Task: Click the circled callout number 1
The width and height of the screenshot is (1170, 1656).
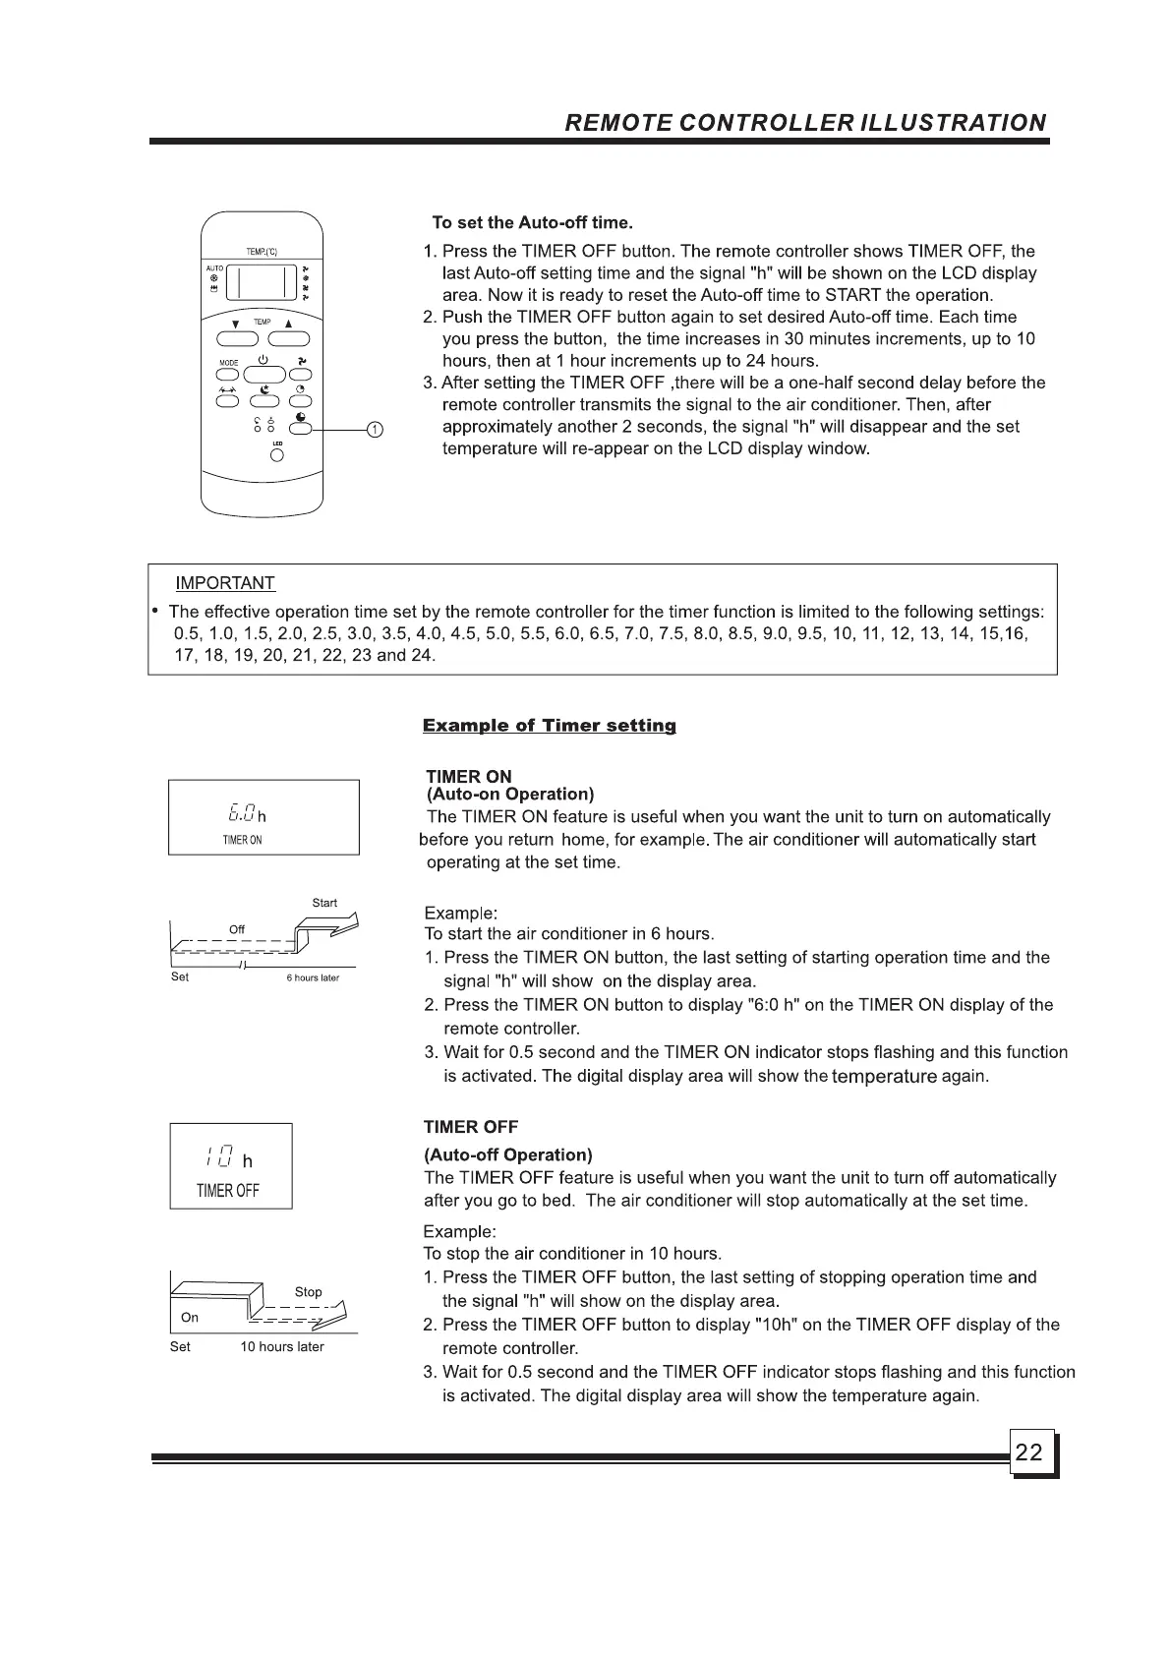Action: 375,430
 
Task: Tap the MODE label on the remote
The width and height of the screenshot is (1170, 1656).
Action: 228,363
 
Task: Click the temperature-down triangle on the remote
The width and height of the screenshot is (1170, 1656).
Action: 235,324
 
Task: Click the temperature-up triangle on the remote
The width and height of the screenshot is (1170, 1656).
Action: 289,324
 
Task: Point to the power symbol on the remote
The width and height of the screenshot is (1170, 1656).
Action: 263,360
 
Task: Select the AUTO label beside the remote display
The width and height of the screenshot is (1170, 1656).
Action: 214,268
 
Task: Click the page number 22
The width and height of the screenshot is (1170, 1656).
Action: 1028,1452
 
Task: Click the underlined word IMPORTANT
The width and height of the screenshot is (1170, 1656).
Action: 224,583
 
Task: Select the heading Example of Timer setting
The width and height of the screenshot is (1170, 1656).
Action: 549,726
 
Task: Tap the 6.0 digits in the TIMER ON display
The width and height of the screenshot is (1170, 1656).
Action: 241,813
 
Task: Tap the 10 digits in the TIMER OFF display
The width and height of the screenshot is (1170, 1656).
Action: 219,1159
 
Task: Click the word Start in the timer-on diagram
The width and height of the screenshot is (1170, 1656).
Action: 324,903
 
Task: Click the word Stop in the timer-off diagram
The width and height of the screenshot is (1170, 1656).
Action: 308,1292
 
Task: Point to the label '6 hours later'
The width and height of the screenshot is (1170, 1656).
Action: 313,977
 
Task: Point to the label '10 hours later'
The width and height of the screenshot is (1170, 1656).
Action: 282,1347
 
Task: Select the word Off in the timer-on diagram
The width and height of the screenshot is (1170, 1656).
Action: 237,929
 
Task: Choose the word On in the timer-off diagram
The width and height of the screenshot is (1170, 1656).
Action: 190,1318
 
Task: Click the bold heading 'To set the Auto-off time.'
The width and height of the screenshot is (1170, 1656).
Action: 532,223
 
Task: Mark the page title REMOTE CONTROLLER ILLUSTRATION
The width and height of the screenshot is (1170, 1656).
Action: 805,123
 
